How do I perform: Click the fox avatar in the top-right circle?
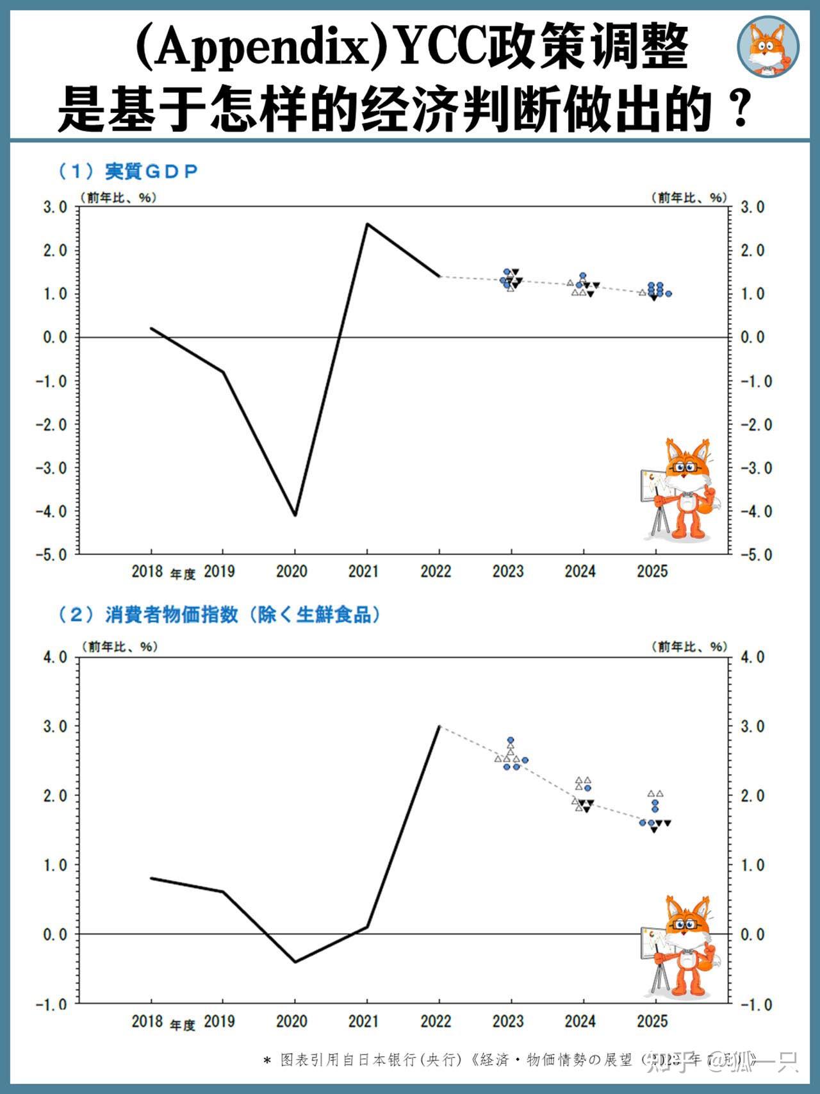click(767, 46)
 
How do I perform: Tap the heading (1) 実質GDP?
click(128, 171)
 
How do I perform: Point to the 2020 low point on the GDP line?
click(295, 515)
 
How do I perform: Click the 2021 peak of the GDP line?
click(367, 224)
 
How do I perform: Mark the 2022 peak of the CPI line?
click(439, 726)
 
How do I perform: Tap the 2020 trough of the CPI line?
click(295, 961)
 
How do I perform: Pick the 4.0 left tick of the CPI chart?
click(54, 657)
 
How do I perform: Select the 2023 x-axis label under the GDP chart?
click(508, 571)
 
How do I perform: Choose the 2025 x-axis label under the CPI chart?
click(652, 1021)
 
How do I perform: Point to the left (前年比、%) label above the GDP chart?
click(119, 197)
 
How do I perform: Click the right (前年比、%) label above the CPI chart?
click(689, 647)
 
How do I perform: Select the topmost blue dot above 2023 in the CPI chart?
click(511, 740)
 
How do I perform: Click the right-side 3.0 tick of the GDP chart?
click(752, 207)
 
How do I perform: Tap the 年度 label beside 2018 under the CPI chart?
click(183, 1025)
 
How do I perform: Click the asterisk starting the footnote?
click(267, 1061)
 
